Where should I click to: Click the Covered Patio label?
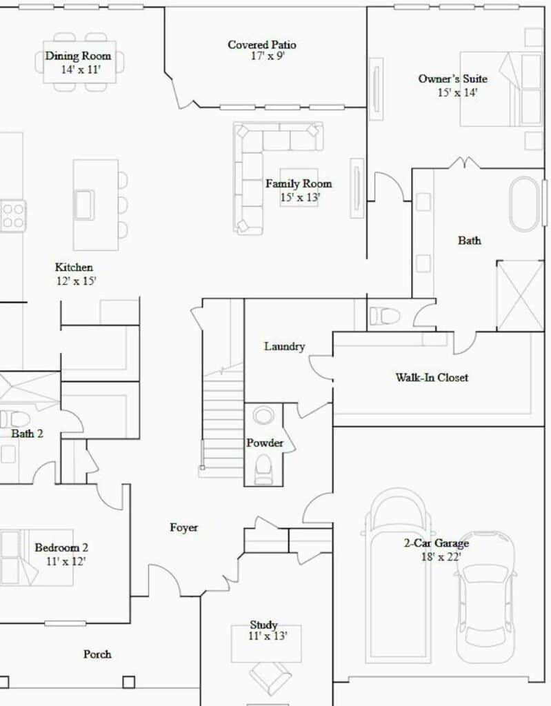[262, 45]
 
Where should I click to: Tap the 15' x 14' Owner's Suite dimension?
[457, 92]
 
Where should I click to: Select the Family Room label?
[299, 183]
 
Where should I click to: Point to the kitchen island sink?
[84, 205]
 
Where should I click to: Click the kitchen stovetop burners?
[12, 216]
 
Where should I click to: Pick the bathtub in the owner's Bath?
[524, 204]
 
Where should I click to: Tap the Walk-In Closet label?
[432, 377]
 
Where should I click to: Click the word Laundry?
[284, 346]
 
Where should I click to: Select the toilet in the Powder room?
[263, 469]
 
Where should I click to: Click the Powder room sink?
[263, 415]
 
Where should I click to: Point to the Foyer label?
[184, 527]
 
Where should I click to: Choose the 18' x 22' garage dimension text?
[441, 557]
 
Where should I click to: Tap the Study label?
[263, 625]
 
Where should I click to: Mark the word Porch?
[97, 654]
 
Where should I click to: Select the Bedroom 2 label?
[61, 547]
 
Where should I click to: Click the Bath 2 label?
[27, 434]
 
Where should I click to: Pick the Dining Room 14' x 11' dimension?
[81, 70]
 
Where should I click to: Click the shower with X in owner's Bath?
[520, 295]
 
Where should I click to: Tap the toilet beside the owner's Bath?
[384, 316]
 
